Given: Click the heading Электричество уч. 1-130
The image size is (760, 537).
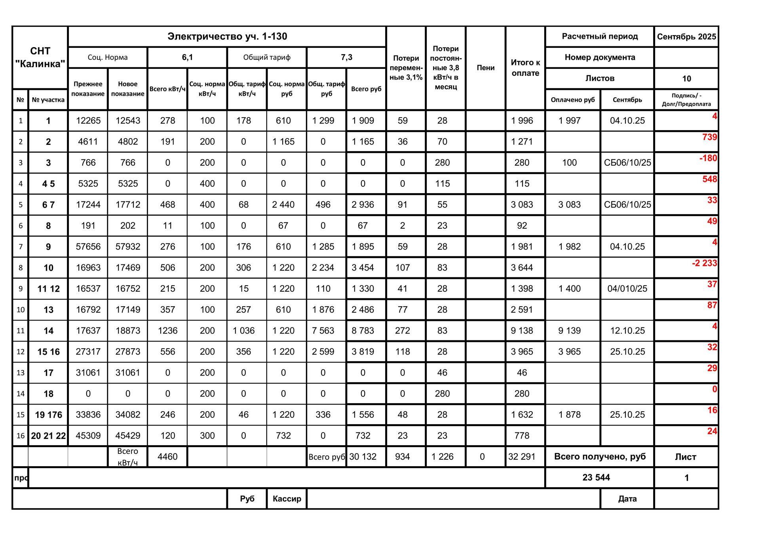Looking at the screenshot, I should [227, 36].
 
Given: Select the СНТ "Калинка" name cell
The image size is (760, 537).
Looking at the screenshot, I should [40, 57].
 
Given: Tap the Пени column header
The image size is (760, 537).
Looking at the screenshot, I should [485, 68].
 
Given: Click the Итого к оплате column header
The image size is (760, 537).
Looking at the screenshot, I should [525, 68].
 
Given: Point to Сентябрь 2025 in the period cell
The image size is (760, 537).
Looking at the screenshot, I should [686, 37].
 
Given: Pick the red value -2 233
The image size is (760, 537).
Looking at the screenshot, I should [704, 263].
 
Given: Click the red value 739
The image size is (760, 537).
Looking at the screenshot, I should [709, 137].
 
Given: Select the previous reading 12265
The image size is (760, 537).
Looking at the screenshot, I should [88, 121].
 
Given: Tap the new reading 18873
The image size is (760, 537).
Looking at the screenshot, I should [127, 331].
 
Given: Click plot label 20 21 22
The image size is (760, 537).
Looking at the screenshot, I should [48, 436].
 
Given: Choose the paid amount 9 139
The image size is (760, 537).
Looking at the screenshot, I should [569, 331].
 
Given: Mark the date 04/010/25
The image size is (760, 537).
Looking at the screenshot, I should [627, 289].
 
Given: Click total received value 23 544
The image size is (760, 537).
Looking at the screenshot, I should [596, 478].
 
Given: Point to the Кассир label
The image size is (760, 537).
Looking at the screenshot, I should [287, 499].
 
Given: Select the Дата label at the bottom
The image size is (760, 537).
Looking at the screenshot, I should [627, 499].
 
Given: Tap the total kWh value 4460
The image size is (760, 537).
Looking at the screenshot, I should [167, 457].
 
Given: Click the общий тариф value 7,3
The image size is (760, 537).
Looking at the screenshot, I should [346, 57].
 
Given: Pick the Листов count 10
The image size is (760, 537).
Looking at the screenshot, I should [686, 79].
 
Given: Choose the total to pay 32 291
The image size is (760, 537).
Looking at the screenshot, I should [522, 457].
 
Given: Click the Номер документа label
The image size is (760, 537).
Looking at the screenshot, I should [600, 57].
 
